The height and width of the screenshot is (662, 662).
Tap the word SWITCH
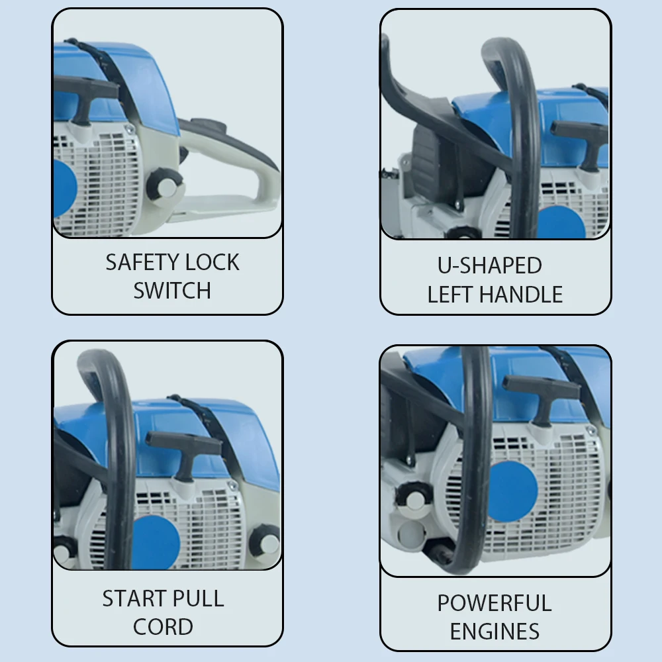[172, 291]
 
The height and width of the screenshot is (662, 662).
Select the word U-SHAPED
[490, 265]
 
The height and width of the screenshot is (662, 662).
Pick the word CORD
[164, 627]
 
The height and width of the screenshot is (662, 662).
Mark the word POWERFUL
[495, 603]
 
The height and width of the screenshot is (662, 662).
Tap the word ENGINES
[495, 632]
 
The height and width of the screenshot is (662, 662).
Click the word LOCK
[212, 262]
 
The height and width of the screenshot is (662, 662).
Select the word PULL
[198, 598]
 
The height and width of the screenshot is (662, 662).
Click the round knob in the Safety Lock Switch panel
[167, 185]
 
